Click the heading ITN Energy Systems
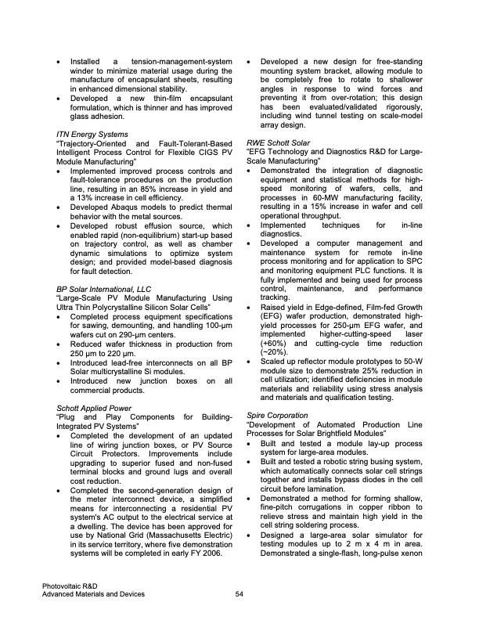point(90,134)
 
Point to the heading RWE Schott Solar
point(278,143)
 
